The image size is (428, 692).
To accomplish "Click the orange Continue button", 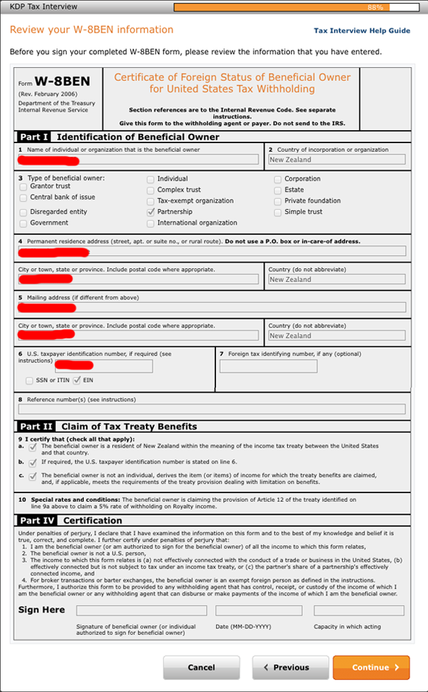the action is (371, 667).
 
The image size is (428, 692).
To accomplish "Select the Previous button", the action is (286, 667).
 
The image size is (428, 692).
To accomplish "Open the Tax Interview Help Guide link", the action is (361, 31).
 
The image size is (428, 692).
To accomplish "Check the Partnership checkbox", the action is (150, 212).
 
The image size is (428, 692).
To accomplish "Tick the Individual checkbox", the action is (150, 179).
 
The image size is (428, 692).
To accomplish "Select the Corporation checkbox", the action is (278, 179).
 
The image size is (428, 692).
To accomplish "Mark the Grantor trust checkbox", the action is (23, 187).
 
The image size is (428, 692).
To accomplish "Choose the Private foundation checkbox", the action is (278, 201).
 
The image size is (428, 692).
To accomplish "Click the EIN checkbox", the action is (77, 380).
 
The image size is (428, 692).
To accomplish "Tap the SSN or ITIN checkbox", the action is (29, 380).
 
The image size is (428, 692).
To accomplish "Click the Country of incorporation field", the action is (336, 160).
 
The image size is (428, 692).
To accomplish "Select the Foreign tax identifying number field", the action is (268, 367).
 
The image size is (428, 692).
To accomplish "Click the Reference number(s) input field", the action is (212, 409).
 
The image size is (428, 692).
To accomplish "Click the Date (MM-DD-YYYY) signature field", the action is (259, 611).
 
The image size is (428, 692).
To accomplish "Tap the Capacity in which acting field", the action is (359, 611).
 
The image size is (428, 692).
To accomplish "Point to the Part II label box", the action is (35, 427).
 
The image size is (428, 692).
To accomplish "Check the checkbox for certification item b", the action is (33, 461).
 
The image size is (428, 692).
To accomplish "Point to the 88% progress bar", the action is (296, 7).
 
